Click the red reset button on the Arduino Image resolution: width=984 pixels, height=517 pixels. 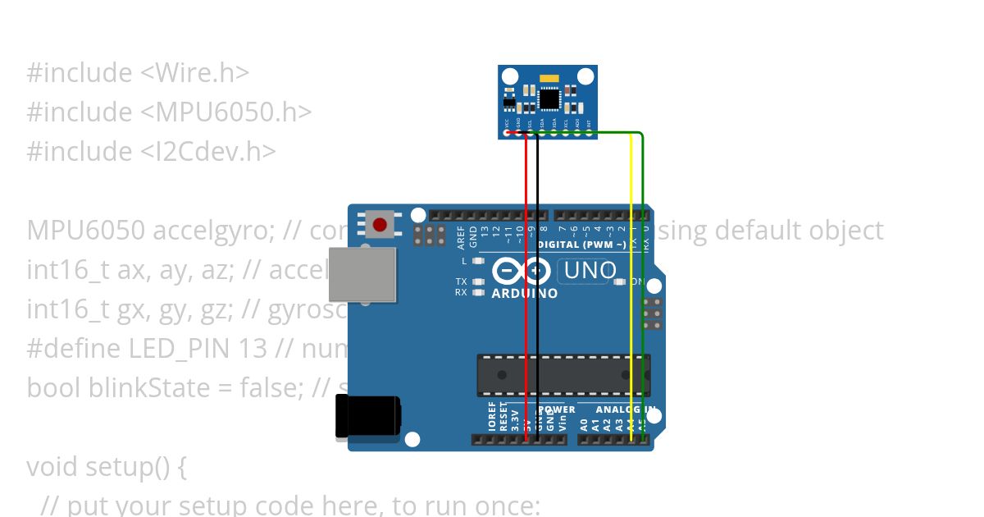tap(380, 224)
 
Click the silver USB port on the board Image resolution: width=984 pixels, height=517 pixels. tap(362, 274)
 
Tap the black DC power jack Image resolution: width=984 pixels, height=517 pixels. tap(367, 416)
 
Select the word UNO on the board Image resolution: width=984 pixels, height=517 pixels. tap(586, 270)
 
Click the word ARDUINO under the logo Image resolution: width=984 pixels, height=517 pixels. tap(525, 293)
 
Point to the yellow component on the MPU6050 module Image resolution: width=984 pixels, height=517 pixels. tap(548, 80)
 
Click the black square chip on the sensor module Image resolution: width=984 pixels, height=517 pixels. tap(549, 98)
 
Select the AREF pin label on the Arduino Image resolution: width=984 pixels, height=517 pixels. tap(462, 237)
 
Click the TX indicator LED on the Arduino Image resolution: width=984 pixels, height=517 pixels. tap(479, 281)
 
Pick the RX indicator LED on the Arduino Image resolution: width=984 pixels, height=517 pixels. tap(479, 292)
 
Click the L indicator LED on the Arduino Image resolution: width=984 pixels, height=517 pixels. tap(479, 261)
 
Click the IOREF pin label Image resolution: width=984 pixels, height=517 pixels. tap(492, 416)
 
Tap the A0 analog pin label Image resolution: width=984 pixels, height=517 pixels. tap(584, 424)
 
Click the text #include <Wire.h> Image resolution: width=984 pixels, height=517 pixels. tap(138, 73)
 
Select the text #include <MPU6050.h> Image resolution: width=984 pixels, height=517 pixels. tap(169, 112)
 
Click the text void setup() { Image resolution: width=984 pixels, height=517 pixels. tap(107, 467)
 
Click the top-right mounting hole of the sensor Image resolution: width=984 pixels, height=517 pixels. tap(585, 76)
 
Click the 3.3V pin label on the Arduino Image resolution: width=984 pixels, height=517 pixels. tap(515, 419)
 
